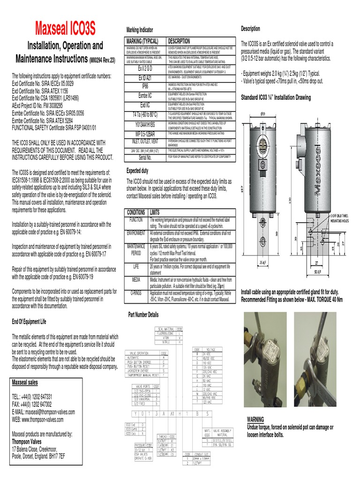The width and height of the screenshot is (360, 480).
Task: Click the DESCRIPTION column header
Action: (179, 41)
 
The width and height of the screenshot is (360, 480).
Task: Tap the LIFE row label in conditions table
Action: (136, 266)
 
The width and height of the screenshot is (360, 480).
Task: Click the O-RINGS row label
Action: (136, 292)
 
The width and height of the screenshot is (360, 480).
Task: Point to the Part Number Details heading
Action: (146, 315)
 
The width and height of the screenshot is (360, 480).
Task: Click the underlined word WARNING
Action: (255, 419)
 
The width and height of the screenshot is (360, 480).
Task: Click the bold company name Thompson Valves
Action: (27, 441)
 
